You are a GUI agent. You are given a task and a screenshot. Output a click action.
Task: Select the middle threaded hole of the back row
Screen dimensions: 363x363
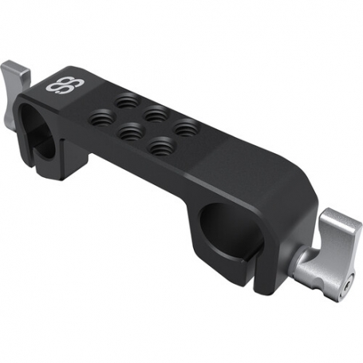click(x=156, y=113)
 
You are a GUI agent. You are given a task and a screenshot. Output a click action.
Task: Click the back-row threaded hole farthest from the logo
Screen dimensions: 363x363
click(x=187, y=126)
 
